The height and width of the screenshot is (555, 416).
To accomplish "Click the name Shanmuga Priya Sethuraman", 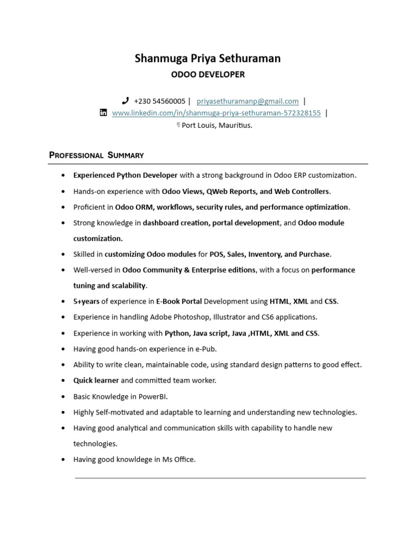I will (208, 59).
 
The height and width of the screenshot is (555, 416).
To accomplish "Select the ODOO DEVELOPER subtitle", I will (208, 75).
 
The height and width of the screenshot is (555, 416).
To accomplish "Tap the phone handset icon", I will (126, 101).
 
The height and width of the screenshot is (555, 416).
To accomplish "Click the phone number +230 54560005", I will (159, 101).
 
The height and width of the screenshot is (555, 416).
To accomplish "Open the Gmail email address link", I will (248, 101).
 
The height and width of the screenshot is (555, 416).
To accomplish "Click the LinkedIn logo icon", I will (103, 113).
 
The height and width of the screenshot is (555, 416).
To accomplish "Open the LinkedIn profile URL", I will (216, 113).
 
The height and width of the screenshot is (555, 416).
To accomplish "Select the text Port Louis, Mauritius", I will (217, 125).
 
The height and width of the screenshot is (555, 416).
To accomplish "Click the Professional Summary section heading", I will (96, 156).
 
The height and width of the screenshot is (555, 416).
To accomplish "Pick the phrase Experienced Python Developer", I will (126, 176).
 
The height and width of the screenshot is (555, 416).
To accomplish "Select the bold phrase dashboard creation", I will (175, 223).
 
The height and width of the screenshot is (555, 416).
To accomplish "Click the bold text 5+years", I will (86, 301).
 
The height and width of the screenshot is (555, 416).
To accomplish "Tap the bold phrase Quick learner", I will (96, 380).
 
